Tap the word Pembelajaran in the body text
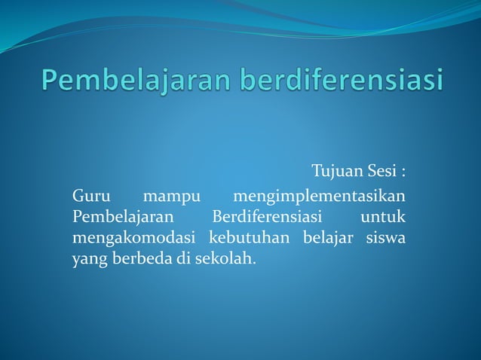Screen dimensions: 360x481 (123, 218)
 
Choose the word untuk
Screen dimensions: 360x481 (384, 218)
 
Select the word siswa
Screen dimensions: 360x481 (386, 239)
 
